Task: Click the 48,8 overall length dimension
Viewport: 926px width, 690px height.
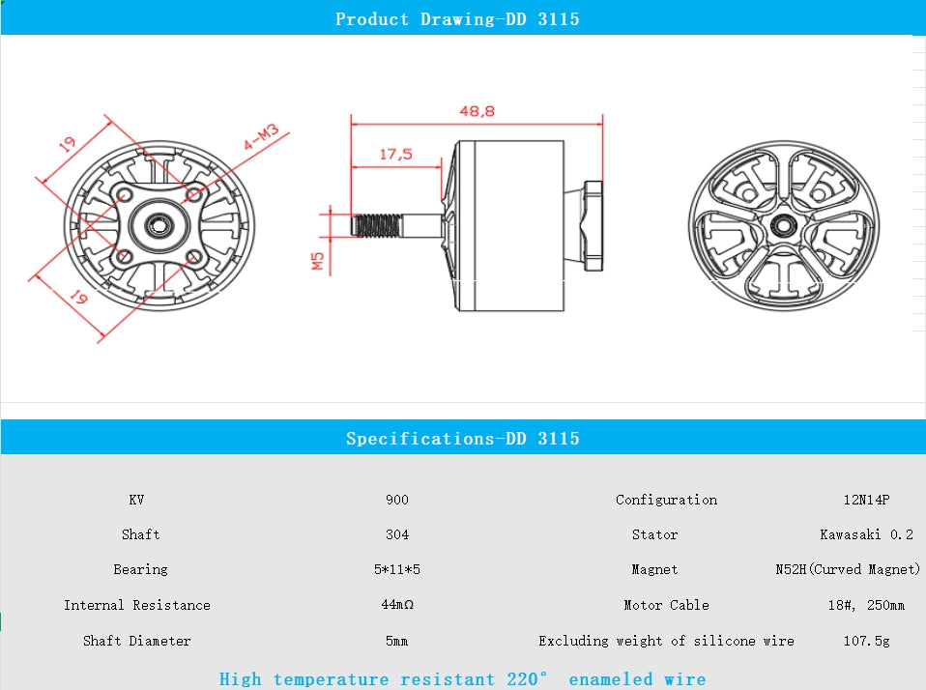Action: tap(477, 111)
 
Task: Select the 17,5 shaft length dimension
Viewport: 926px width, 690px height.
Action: tap(395, 154)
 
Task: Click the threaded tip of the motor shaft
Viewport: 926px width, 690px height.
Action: tap(378, 226)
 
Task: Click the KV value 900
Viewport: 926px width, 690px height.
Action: tap(396, 500)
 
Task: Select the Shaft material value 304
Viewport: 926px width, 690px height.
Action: tap(396, 534)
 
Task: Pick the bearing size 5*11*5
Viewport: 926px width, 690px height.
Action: tap(396, 569)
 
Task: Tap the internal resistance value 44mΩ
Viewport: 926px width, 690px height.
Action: tap(396, 605)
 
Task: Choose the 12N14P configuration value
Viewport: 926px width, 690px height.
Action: tap(865, 500)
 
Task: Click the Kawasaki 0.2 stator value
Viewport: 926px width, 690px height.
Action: tap(865, 534)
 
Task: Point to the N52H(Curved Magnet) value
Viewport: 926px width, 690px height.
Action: tap(847, 569)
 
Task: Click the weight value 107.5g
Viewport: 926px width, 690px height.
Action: tap(865, 641)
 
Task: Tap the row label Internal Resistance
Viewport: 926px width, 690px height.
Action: tap(136, 605)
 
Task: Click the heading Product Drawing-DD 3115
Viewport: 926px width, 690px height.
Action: tap(457, 19)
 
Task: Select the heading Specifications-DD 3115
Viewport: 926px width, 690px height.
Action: tap(462, 439)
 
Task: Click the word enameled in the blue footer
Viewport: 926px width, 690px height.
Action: tap(610, 679)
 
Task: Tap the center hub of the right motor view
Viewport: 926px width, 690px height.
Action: tap(781, 224)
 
